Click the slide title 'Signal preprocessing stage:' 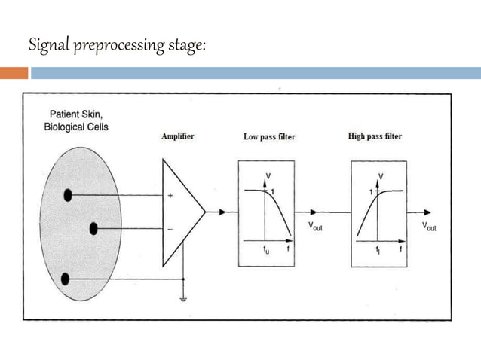coord(117,46)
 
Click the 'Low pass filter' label coord(269,137)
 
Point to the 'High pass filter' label coord(375,136)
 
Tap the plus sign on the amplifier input coord(170,196)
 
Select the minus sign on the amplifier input coord(170,228)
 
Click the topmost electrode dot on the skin coord(68,195)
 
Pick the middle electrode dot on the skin coord(94,228)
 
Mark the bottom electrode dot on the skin coord(66,279)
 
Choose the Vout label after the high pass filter coord(428,226)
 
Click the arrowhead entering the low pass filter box coord(222,212)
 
